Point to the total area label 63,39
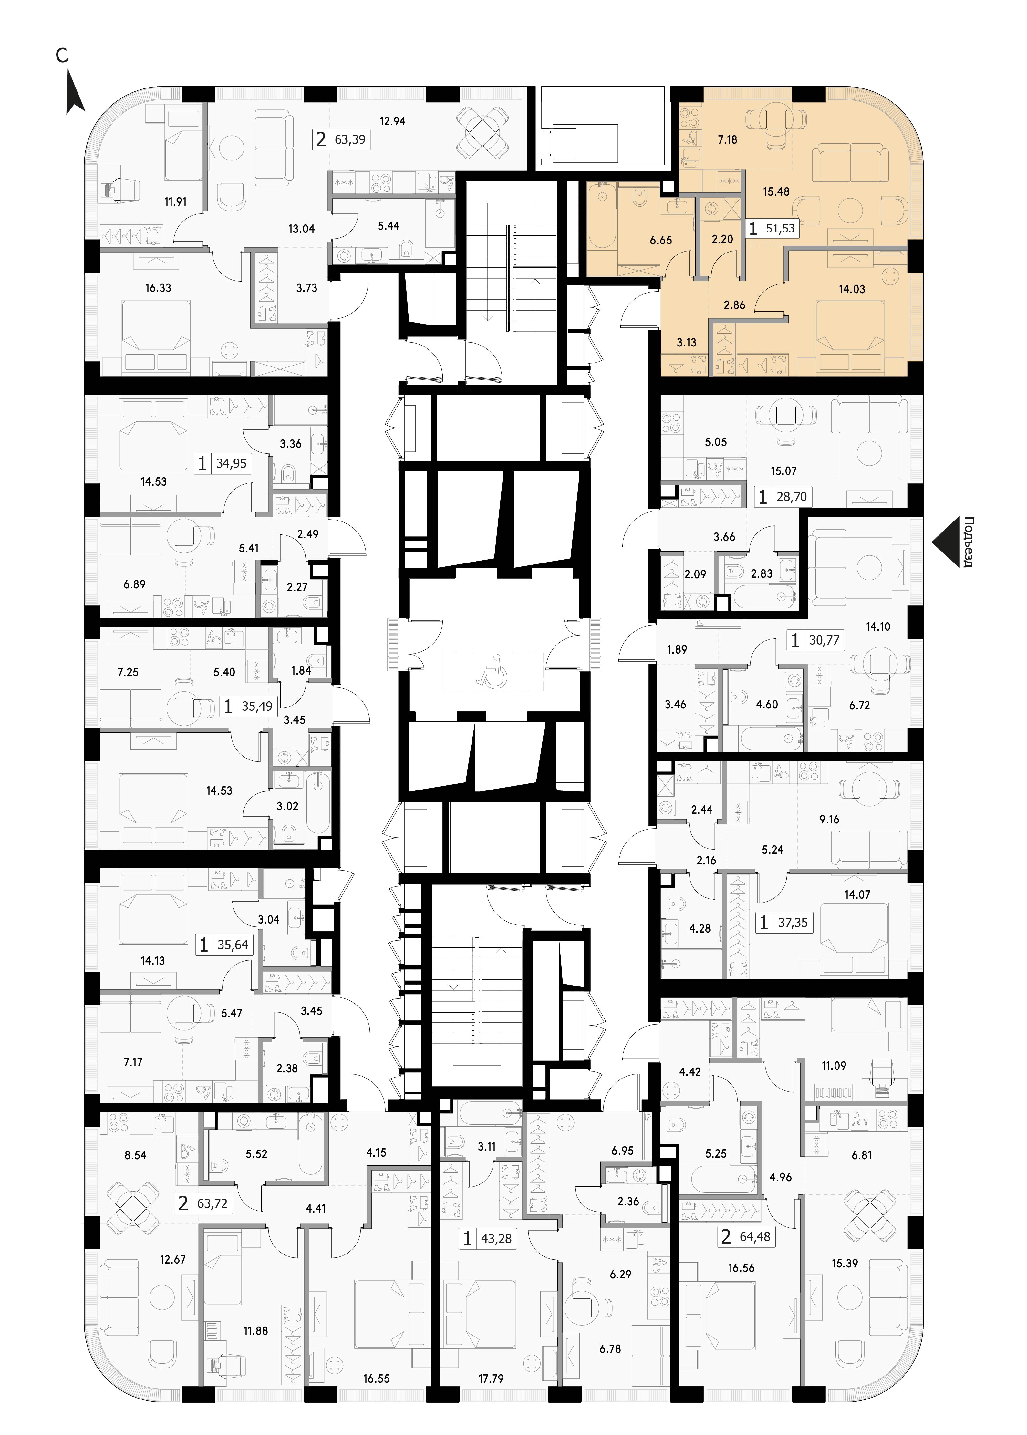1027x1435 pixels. (x=350, y=139)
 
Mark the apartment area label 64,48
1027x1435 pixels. (x=755, y=1236)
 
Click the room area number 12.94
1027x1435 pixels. (x=392, y=121)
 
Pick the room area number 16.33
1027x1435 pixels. (x=158, y=288)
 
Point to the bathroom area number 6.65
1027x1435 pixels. (x=661, y=240)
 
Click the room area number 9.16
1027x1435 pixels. (x=829, y=819)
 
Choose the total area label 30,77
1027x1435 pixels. (x=824, y=640)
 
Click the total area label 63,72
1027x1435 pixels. (x=212, y=1203)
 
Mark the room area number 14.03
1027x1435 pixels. (x=852, y=290)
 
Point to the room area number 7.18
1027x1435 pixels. (x=727, y=140)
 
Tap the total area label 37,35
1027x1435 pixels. (x=793, y=923)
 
